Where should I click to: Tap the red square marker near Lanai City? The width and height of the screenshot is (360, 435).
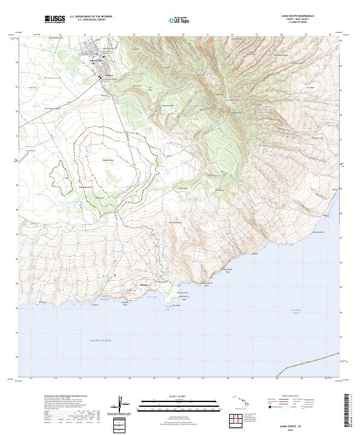pos(100,76)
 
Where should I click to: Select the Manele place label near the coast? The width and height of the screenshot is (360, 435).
pos(143,284)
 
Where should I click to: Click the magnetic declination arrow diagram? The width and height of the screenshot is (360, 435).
pos(120,407)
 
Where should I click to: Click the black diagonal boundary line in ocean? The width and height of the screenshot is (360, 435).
pos(306,362)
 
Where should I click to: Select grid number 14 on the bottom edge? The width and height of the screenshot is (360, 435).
pos(31,379)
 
